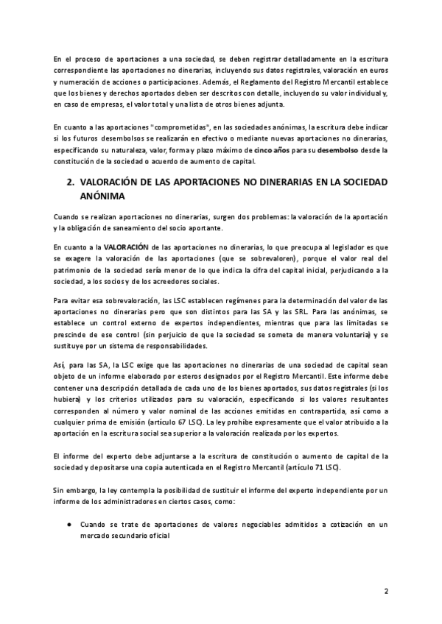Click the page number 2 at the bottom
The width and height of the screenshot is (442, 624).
coord(386,591)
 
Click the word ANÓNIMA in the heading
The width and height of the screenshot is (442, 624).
coord(103,196)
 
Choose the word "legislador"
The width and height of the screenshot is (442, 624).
coord(340,247)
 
